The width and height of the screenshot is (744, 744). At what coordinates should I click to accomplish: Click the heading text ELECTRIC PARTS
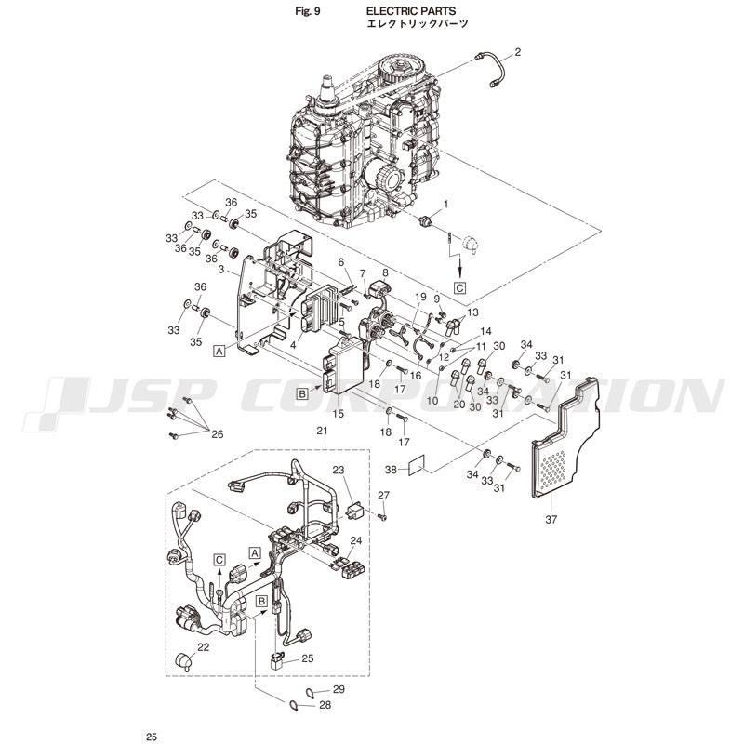point(411,11)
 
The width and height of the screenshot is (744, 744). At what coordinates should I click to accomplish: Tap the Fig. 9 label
point(308,11)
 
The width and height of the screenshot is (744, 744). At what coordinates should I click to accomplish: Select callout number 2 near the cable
point(518,52)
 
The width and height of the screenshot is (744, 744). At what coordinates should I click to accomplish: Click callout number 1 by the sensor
point(445,204)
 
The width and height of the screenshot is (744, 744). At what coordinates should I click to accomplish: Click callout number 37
point(551,520)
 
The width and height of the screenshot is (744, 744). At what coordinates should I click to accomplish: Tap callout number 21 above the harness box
point(322,431)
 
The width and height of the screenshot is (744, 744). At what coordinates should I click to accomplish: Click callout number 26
point(218,434)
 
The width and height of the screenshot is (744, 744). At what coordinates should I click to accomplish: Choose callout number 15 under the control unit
point(338,414)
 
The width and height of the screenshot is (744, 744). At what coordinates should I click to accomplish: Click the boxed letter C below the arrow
point(459,288)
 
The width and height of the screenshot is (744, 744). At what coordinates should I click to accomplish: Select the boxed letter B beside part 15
point(303,392)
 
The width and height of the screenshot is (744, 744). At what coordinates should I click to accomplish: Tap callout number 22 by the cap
point(203,647)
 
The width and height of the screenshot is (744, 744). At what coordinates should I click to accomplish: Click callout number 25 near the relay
point(308,658)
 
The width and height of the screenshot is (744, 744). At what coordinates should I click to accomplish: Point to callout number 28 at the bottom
point(325,705)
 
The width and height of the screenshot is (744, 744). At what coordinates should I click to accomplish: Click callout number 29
point(339,689)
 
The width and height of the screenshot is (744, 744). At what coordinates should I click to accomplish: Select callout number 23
point(338,471)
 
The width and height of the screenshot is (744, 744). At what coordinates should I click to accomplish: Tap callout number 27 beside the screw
point(383,496)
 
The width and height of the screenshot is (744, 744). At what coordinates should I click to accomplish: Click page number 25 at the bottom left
point(152,737)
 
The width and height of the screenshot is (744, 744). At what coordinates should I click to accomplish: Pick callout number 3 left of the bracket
point(221,270)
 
